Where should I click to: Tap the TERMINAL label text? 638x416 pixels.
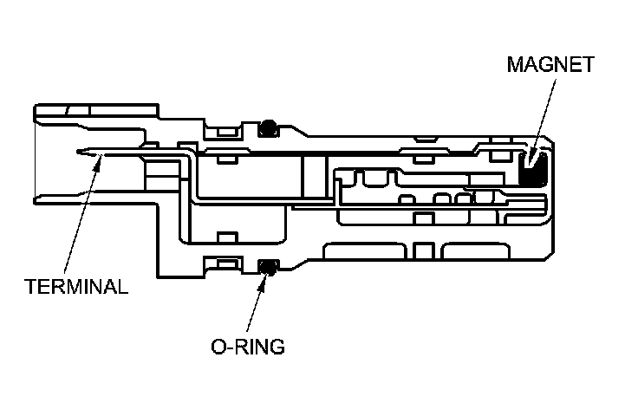[75, 287]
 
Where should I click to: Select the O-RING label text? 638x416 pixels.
[247, 348]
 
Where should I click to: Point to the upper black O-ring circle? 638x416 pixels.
[270, 127]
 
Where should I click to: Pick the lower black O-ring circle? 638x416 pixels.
[270, 266]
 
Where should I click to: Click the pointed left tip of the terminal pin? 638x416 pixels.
[78, 154]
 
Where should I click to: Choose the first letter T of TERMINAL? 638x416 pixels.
[29, 287]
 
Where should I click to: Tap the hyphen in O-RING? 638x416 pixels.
[228, 348]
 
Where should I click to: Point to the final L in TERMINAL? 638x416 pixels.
[123, 287]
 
